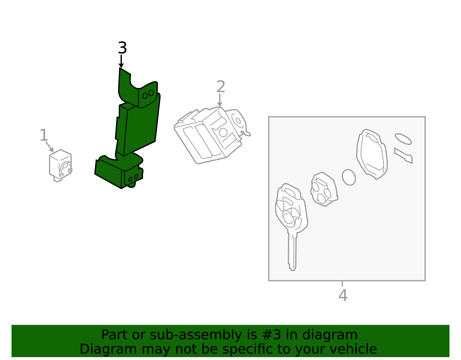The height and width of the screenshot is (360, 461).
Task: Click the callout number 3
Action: coord(122,48)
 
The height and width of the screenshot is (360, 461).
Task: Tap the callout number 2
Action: coord(220,87)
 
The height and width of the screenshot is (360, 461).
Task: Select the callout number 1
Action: coord(44,135)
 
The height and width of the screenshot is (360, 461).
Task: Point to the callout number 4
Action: coord(343,295)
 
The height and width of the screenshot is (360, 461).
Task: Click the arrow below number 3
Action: coord(121,61)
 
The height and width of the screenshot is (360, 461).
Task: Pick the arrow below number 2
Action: coord(220,100)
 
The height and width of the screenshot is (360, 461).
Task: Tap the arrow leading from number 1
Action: coord(50,146)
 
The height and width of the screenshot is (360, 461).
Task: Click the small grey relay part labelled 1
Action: coord(60,165)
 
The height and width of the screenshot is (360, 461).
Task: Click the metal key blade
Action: coord(292,251)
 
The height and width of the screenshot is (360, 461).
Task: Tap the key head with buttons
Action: coord(291,209)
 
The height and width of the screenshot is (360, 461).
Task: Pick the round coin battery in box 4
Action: coord(349,177)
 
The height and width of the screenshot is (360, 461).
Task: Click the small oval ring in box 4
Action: coord(403,139)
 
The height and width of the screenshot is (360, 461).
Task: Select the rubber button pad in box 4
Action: coord(323,189)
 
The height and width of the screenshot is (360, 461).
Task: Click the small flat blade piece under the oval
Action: coord(404,155)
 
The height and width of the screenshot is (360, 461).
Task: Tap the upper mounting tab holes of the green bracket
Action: coord(148,94)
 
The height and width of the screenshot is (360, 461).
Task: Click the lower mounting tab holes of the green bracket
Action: coord(133,178)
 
